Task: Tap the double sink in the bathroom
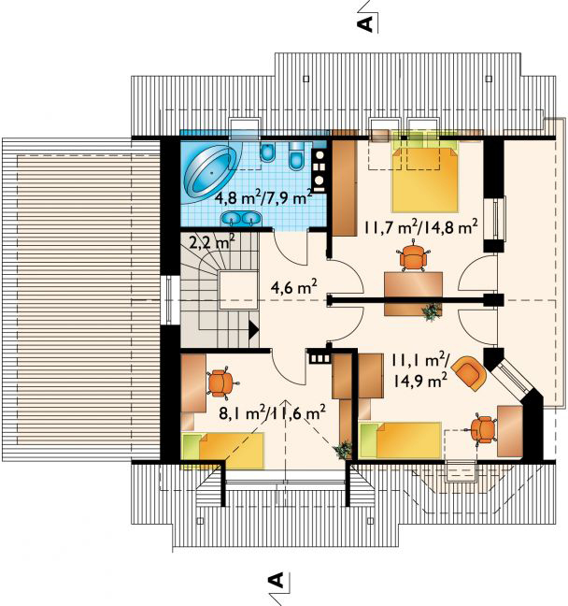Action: point(241,219)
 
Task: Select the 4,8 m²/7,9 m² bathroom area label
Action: point(263,198)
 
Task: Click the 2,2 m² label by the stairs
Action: point(212,242)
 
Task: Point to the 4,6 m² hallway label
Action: point(294,287)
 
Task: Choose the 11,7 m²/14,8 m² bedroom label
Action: point(420,227)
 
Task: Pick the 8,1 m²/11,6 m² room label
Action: point(272,412)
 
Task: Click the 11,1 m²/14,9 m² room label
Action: point(420,370)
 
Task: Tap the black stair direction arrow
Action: point(253,329)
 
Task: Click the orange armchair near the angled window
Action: point(470,372)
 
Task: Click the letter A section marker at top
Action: point(365,23)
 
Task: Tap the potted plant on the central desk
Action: point(431,311)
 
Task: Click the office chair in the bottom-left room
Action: point(220,382)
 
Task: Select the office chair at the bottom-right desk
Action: point(483,429)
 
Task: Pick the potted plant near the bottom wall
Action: point(343,450)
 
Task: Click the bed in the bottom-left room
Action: point(223,450)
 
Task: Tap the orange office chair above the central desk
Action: point(413,257)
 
